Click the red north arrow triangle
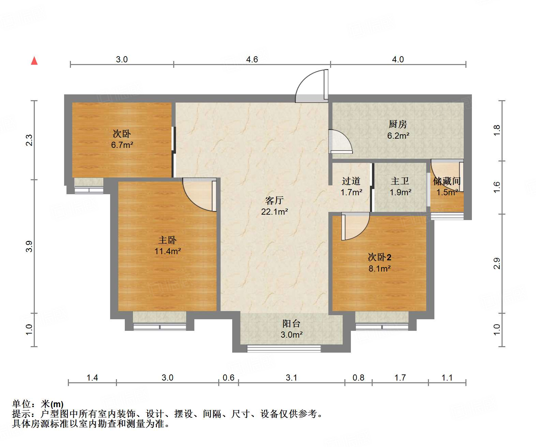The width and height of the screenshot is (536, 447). click(34, 61)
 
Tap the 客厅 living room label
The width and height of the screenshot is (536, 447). click(274, 200)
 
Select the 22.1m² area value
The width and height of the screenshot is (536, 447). click(274, 212)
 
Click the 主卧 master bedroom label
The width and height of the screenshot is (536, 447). click(167, 240)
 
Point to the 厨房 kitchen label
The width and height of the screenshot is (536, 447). click(398, 124)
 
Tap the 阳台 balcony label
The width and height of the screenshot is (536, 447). click(292, 324)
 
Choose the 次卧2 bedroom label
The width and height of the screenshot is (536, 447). click(379, 257)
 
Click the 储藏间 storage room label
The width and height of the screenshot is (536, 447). click(447, 181)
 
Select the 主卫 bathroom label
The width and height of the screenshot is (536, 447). click(400, 181)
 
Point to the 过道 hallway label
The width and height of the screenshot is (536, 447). click(351, 181)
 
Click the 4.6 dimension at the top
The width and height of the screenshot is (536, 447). click(252, 59)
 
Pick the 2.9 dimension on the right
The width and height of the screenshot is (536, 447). click(497, 263)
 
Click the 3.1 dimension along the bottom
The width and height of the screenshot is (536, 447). click(292, 377)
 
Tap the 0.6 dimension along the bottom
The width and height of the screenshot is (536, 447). click(228, 377)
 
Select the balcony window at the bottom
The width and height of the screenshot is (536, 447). click(284, 349)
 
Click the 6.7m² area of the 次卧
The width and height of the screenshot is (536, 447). click(122, 145)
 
